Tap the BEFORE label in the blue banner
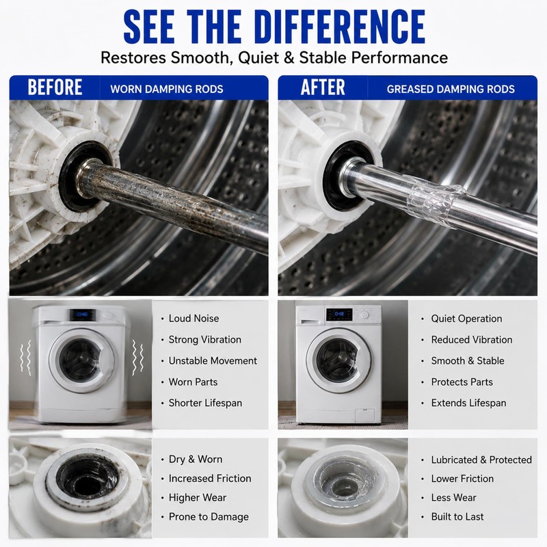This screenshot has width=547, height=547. point(55,88)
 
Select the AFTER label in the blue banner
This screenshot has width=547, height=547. point(323,88)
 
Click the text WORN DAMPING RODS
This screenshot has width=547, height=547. point(167,89)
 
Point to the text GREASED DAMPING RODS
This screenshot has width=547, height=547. point(451,89)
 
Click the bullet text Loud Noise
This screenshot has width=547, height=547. point(194,318)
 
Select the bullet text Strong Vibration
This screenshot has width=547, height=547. point(204,339)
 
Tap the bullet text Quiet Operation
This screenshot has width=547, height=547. point(466,319)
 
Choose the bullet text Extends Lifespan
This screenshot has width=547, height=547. point(468,403)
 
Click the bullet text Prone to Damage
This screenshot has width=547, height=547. point(209,517)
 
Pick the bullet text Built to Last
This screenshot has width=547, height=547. point(457,516)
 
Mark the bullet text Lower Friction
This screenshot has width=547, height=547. point(462,478)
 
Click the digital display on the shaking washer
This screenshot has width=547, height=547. point(83,315)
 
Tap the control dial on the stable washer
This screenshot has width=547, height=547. point(364,315)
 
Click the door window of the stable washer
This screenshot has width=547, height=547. point(338,360)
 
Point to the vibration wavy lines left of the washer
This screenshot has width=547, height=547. point(26,358)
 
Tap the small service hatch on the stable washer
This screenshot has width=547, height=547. point(364,415)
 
